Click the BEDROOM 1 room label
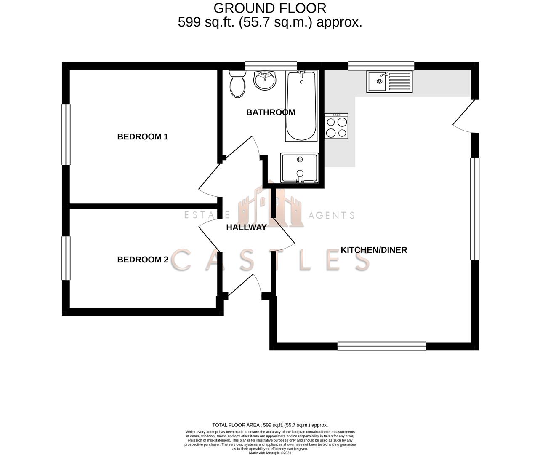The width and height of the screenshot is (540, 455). click(x=143, y=136)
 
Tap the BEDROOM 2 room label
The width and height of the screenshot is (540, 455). click(x=143, y=260)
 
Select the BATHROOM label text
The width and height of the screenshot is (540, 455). click(x=271, y=112)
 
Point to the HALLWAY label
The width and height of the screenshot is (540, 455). click(x=246, y=227)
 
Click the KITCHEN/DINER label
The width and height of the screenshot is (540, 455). click(x=374, y=250)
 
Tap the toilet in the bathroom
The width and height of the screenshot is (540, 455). click(x=238, y=84)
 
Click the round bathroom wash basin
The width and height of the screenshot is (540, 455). click(x=265, y=80)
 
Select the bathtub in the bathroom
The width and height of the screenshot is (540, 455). click(x=301, y=106)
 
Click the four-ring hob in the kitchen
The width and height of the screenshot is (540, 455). click(x=337, y=126)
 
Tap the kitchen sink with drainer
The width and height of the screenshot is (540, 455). click(x=390, y=82)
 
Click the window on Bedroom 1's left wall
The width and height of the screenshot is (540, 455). click(x=66, y=134)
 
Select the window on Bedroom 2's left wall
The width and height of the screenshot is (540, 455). click(x=66, y=258)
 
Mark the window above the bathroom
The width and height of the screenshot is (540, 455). click(x=271, y=65)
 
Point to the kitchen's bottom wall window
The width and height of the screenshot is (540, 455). click(x=382, y=346)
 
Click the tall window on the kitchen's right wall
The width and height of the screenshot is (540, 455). click(x=475, y=209)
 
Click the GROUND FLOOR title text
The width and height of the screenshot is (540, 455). click(x=270, y=8)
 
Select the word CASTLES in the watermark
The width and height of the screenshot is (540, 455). click(x=270, y=260)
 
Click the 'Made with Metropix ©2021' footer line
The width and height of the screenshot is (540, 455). click(x=270, y=453)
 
